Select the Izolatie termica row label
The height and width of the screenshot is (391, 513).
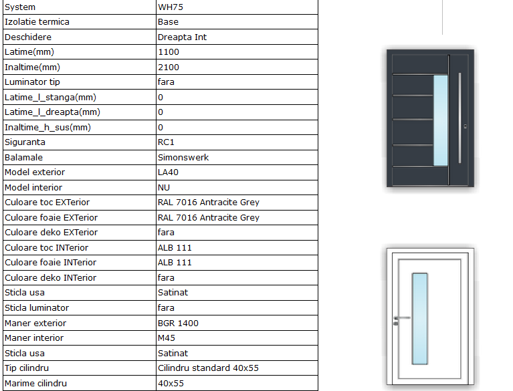point(37,22)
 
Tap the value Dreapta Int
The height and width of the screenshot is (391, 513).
point(182,37)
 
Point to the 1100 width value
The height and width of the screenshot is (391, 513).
point(169,52)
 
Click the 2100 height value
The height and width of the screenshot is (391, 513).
point(169,67)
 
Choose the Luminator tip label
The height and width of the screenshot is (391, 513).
point(32,82)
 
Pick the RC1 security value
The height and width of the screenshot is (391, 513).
point(167,142)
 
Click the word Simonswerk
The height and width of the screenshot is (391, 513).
point(183,157)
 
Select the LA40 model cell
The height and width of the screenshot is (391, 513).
point(169,172)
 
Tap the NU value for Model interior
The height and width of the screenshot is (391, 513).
point(164,187)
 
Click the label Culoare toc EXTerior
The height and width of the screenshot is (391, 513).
point(47,203)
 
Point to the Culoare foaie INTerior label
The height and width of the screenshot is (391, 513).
point(50,263)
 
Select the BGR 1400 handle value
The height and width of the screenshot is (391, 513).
point(178,323)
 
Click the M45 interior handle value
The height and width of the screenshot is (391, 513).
point(167,338)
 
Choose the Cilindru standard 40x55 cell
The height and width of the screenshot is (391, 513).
point(207,368)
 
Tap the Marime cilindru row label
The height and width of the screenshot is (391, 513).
point(35,384)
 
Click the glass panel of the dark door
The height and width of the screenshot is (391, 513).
point(440,120)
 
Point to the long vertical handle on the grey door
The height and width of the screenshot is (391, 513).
point(461,117)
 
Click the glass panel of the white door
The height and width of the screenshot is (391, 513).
point(419,319)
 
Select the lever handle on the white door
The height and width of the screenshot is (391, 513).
point(401,317)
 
